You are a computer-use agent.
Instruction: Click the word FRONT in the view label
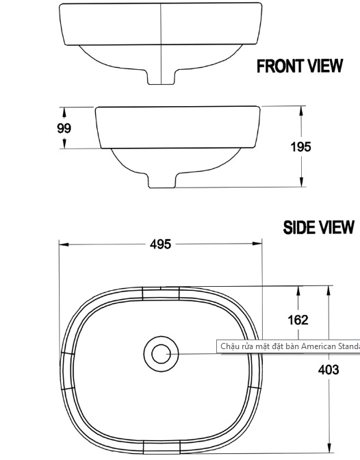pyautogui.click(x=279, y=66)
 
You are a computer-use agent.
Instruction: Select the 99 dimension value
pyautogui.click(x=64, y=127)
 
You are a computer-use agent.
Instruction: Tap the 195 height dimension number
pyautogui.click(x=300, y=146)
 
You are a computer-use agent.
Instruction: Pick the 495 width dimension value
pyautogui.click(x=161, y=244)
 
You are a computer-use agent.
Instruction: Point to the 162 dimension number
pyautogui.click(x=298, y=320)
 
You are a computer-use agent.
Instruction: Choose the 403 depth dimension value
pyautogui.click(x=329, y=370)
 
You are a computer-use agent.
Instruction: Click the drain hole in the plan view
pyautogui.click(x=161, y=354)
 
